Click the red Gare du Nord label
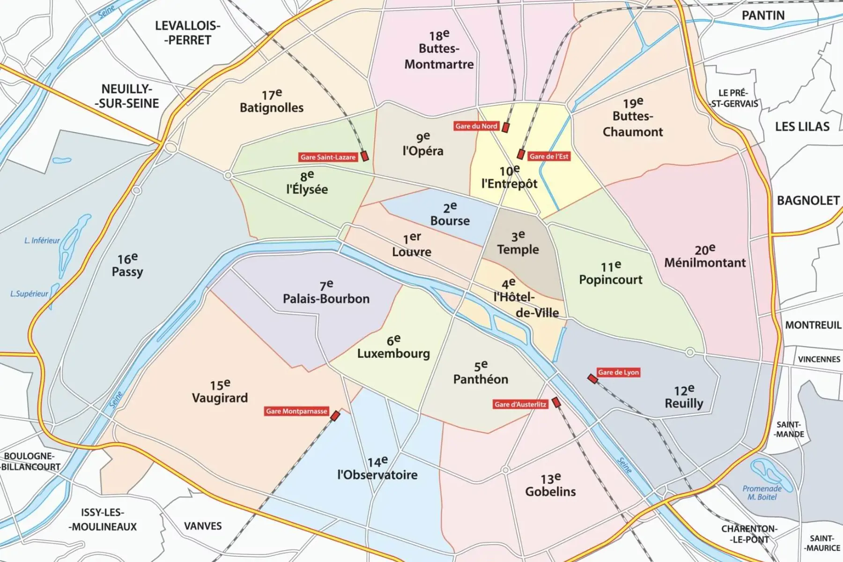click(476, 126)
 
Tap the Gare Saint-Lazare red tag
click(328, 157)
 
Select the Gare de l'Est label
click(549, 156)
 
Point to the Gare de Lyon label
click(618, 372)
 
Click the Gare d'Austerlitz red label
click(520, 404)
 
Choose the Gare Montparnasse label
click(296, 411)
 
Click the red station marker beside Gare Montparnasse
click(335, 415)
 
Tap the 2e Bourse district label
click(450, 214)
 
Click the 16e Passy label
click(127, 266)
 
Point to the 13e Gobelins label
click(550, 486)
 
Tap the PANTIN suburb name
click(763, 15)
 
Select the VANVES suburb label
click(203, 526)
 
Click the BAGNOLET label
click(808, 200)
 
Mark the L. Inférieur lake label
click(42, 241)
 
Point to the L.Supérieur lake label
click(29, 294)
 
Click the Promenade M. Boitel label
click(762, 492)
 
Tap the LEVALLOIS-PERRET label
click(187, 33)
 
